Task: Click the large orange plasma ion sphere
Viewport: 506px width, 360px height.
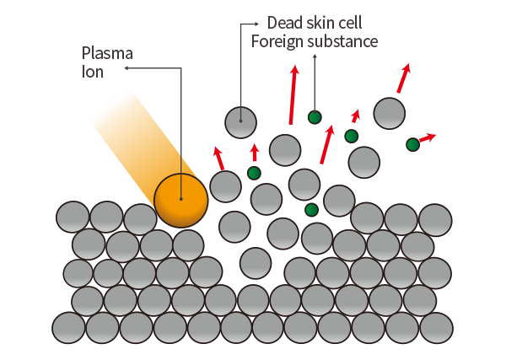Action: click(x=180, y=201)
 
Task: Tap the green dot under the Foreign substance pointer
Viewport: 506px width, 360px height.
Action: click(x=315, y=117)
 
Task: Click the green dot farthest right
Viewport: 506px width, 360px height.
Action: click(x=412, y=144)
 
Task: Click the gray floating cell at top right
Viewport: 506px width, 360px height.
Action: click(x=390, y=113)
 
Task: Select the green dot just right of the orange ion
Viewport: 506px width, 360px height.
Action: click(x=254, y=173)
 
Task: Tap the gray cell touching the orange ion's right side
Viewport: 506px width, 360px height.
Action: click(x=225, y=186)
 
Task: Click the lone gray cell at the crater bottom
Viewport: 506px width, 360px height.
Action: click(x=256, y=263)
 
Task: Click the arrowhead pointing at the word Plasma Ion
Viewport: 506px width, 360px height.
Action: click(x=126, y=68)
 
